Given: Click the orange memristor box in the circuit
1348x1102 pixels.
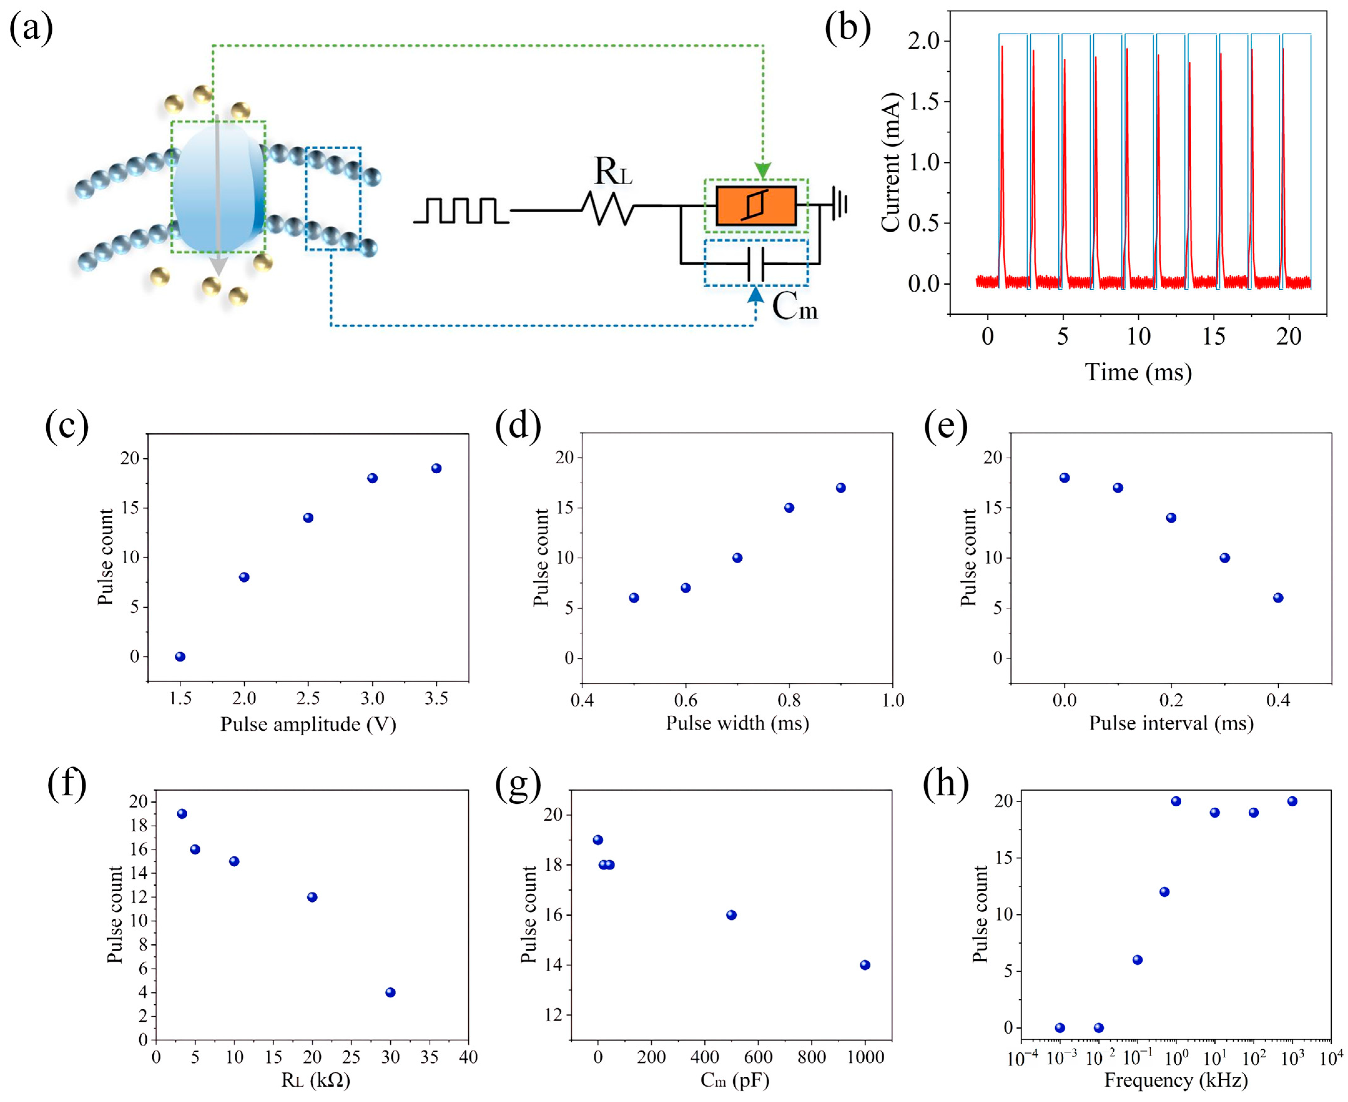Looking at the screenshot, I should point(756,206).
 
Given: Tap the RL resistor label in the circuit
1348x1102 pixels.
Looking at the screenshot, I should point(612,171).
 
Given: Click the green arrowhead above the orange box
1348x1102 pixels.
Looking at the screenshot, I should point(763,170).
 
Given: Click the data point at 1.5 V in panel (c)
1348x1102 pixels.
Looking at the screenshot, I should point(180,657).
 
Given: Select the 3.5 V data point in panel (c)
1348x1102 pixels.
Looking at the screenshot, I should point(436,469).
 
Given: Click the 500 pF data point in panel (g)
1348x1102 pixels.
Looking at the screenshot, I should point(731,915).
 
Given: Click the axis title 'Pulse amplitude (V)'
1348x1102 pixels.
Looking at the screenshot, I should point(308,724).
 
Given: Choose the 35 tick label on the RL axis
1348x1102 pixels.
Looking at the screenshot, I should point(429,1057).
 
